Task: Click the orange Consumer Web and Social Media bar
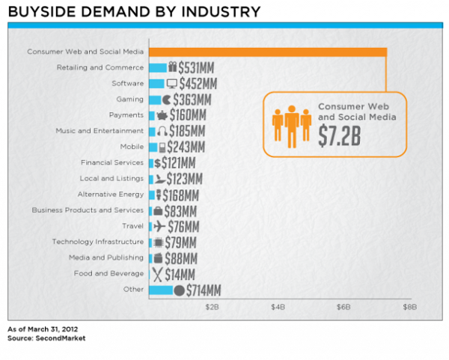268,52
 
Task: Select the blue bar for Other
161,290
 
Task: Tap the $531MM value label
196,68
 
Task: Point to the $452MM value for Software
198,84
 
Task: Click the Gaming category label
129,100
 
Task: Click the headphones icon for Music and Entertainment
162,131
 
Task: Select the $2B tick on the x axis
212,307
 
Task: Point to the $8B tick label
409,307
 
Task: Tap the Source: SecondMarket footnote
46,338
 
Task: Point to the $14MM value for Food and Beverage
180,275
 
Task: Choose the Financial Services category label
112,162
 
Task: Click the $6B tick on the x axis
343,307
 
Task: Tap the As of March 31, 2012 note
43,329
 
